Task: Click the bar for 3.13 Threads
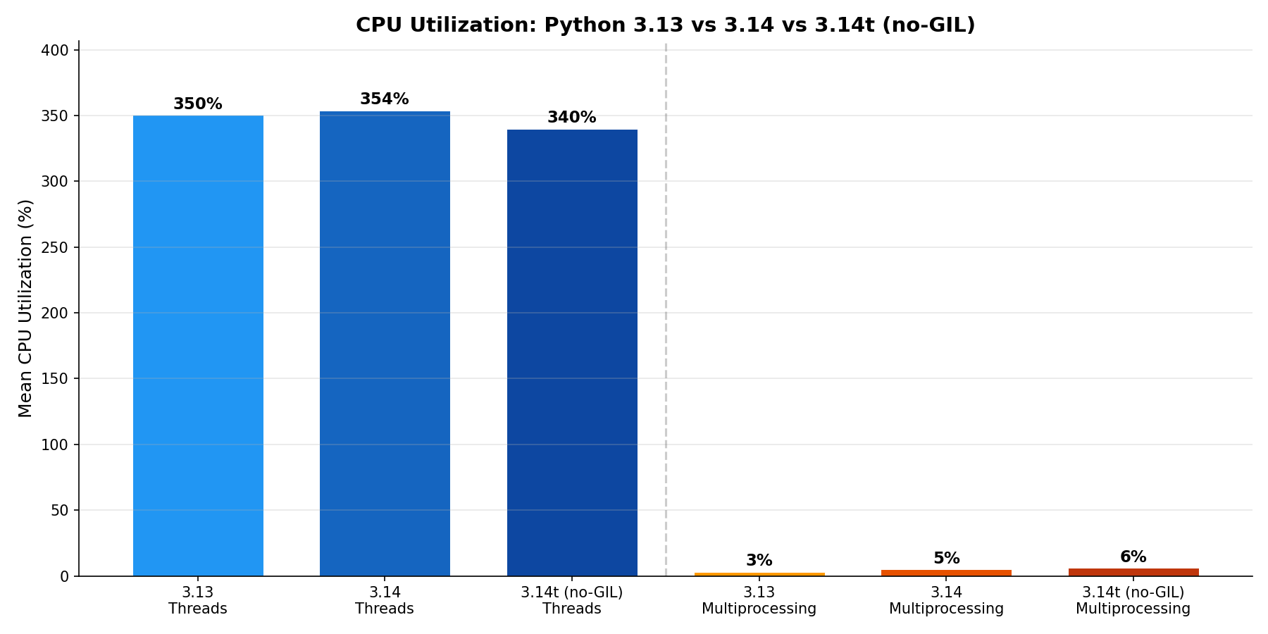pyautogui.click(x=198, y=345)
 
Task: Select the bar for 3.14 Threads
pyautogui.click(x=385, y=344)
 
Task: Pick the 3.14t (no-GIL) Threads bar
pyautogui.click(x=572, y=352)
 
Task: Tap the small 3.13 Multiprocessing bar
pyautogui.click(x=759, y=574)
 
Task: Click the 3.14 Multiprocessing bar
pyautogui.click(x=946, y=573)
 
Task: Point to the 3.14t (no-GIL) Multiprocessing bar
pyautogui.click(x=1133, y=572)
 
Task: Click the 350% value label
pyautogui.click(x=198, y=104)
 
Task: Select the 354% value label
pyautogui.click(x=385, y=99)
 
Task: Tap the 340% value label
pyautogui.click(x=572, y=118)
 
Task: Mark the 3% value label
pyautogui.click(x=759, y=561)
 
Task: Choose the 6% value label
pyautogui.click(x=1133, y=557)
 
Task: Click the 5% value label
pyautogui.click(x=946, y=559)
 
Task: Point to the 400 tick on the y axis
pyautogui.click(x=59, y=50)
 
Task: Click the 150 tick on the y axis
pyautogui.click(x=59, y=379)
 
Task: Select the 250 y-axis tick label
pyautogui.click(x=59, y=247)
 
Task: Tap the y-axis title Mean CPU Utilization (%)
pyautogui.click(x=25, y=308)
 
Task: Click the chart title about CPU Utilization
pyautogui.click(x=665, y=25)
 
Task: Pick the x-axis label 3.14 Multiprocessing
pyautogui.click(x=946, y=601)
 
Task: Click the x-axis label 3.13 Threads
pyautogui.click(x=198, y=601)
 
